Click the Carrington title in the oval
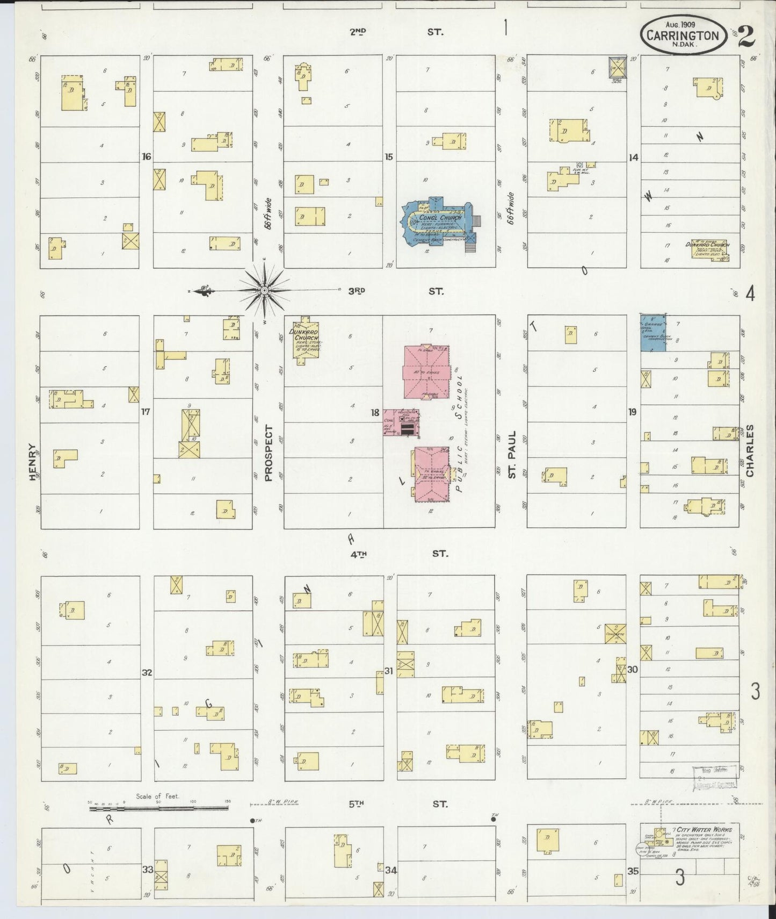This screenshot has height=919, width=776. pos(682,35)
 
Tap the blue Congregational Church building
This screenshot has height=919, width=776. pos(438,223)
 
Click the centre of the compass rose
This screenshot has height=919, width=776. pos(264,290)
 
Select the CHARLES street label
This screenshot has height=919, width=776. pos(750,450)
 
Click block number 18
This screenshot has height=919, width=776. pos(375,413)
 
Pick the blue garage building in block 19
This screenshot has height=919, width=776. pos(652,333)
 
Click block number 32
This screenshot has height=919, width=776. pos(147,672)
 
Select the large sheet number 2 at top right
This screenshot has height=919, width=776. pos(747,37)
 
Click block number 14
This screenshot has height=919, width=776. pos(634,157)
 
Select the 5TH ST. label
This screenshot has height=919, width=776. pos(398,804)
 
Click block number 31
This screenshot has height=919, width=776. pos(389,671)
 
